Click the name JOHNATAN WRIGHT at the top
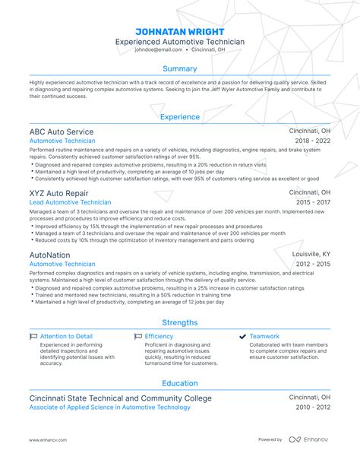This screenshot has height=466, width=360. [x=179, y=31]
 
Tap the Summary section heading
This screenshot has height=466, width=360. [x=179, y=69]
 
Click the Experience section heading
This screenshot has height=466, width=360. [x=179, y=117]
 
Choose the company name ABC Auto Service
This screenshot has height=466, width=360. [x=62, y=131]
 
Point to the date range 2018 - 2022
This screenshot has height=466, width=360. [x=311, y=141]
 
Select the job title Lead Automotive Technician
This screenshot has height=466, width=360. [x=70, y=203]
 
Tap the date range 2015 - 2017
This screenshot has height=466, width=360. [x=311, y=203]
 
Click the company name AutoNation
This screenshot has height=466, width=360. [x=49, y=255]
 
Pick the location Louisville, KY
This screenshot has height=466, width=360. [x=311, y=255]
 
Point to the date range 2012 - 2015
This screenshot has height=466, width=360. [x=311, y=265]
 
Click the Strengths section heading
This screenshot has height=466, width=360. [x=179, y=322]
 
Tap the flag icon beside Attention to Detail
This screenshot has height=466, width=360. [x=33, y=336]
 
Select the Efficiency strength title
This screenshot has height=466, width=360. [x=159, y=336]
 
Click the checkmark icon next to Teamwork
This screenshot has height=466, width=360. [x=242, y=336]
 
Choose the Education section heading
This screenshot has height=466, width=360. [x=179, y=384]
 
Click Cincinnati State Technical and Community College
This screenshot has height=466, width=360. [x=120, y=398]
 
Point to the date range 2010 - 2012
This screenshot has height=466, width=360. [x=311, y=408]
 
